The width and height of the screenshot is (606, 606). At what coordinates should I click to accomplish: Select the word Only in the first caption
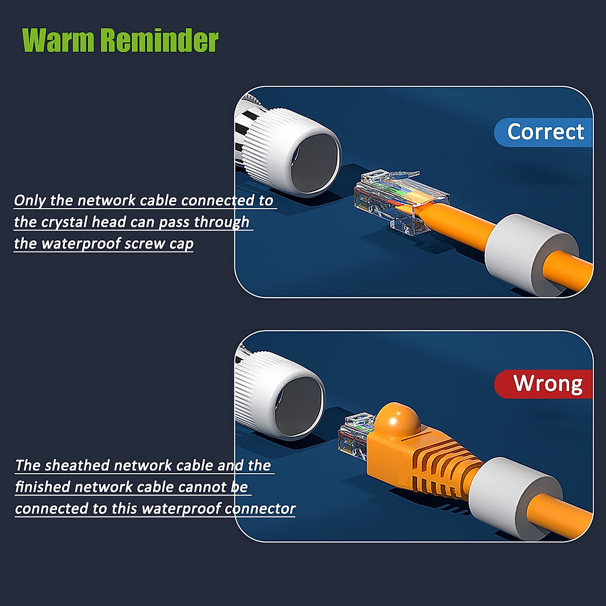coord(30,200)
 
